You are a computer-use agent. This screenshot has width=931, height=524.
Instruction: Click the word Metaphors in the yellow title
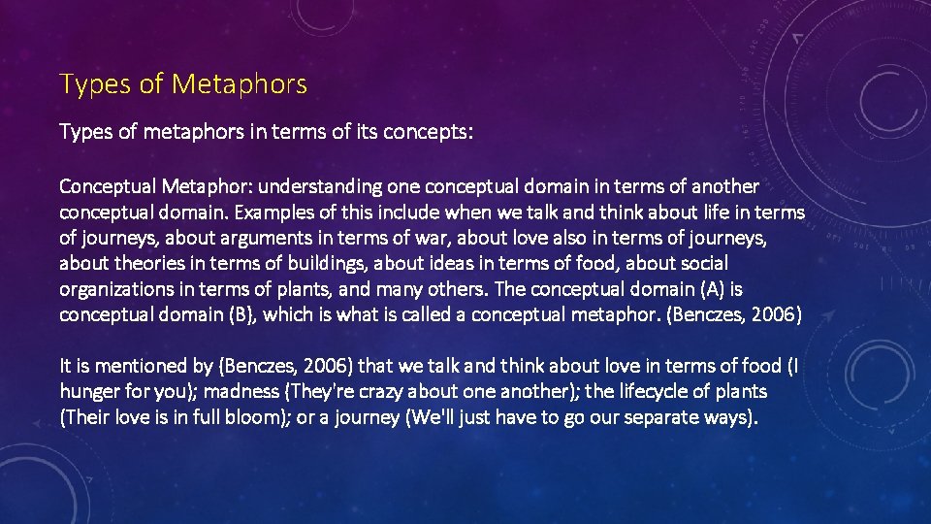coord(240,84)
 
